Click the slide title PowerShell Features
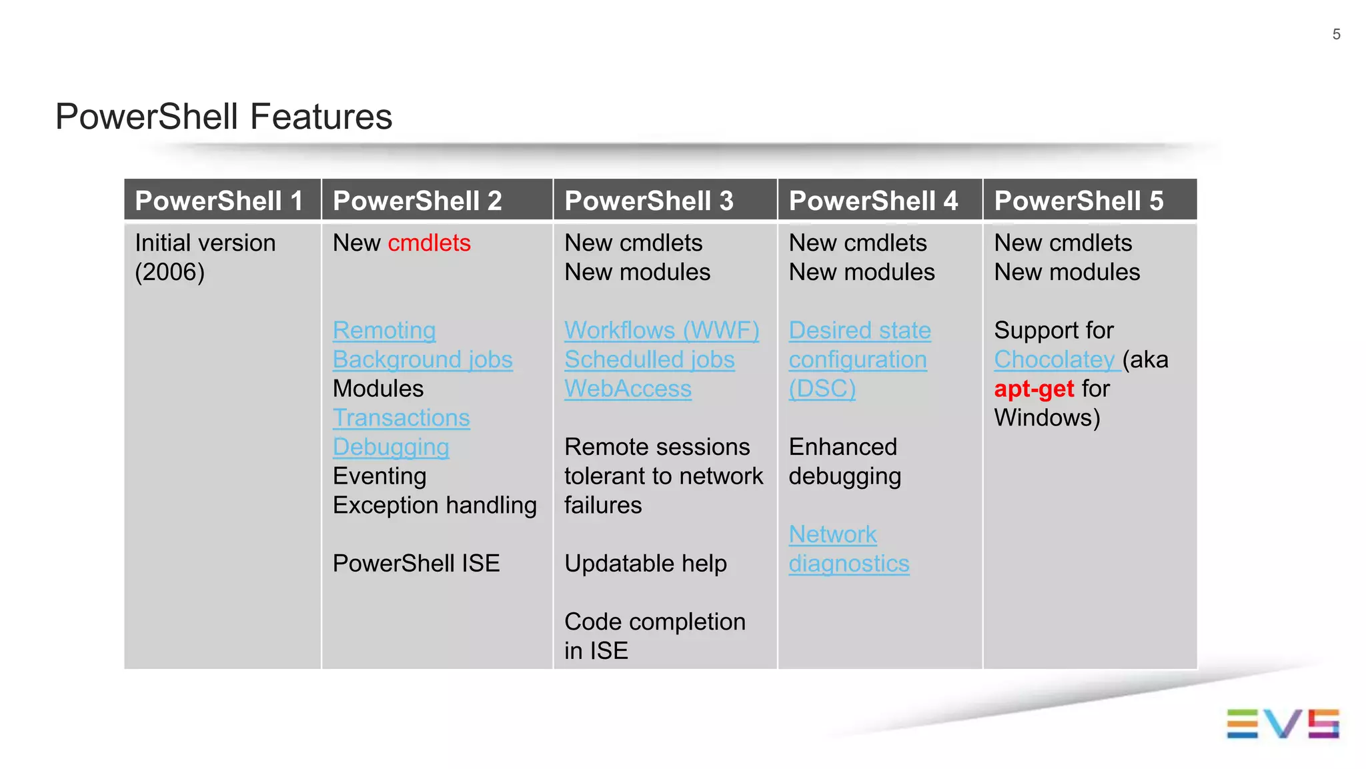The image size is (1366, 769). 223,117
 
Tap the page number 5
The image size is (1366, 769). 1336,35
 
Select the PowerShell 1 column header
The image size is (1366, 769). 219,201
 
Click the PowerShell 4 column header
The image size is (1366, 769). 873,201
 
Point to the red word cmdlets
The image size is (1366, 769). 429,243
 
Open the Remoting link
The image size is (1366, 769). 384,331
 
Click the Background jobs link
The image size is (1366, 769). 422,360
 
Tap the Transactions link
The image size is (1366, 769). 401,418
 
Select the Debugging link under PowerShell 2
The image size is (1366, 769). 391,448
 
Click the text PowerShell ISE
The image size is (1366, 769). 416,564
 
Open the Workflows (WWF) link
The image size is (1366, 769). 662,331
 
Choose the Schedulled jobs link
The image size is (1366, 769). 649,360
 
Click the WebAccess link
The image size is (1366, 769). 628,389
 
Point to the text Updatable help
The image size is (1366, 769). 645,564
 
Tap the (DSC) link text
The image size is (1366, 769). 822,389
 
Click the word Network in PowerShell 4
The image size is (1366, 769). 832,534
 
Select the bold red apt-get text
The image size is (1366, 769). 1034,389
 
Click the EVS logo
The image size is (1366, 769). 1283,724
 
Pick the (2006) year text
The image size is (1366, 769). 169,272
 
